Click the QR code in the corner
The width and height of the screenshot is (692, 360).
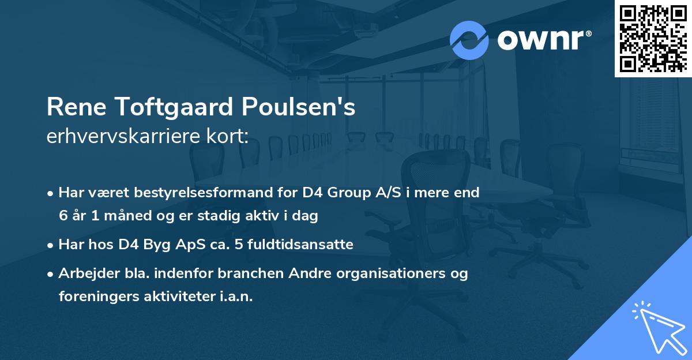coord(653,38)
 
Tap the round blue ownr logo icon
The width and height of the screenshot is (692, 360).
coord(469,40)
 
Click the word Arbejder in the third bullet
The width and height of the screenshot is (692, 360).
coord(84,273)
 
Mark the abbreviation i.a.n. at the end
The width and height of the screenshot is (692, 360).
coord(236,297)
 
